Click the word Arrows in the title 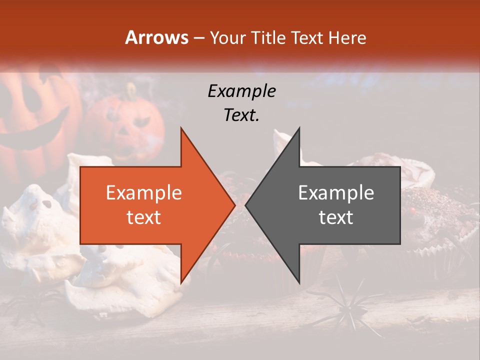click(x=156, y=37)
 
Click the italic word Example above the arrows click(x=241, y=91)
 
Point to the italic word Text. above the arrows click(x=241, y=115)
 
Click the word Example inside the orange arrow click(x=143, y=193)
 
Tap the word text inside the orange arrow click(x=143, y=217)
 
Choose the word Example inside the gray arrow click(x=336, y=193)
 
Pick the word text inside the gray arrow click(x=336, y=217)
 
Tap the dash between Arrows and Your click(x=198, y=38)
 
